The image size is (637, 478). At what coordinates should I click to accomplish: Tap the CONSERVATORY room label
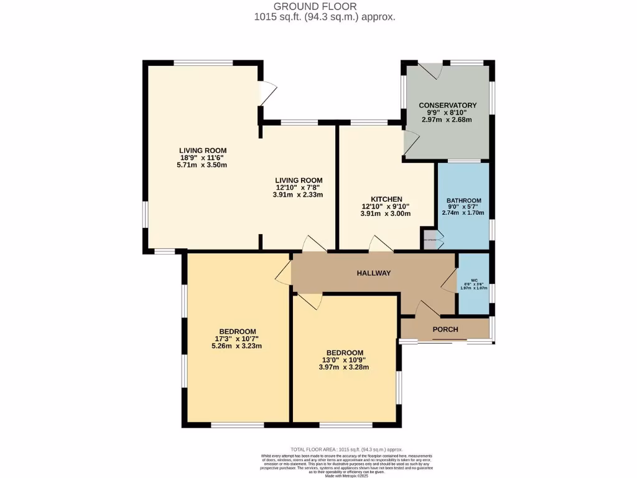coord(447,105)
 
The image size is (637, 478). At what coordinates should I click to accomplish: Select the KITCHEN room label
coord(386,199)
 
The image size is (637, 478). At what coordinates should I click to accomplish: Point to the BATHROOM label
coord(463,200)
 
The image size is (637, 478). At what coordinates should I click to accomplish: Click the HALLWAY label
coord(373,273)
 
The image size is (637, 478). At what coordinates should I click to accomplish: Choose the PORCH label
coord(445,329)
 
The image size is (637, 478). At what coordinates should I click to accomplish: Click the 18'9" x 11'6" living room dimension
coord(203,157)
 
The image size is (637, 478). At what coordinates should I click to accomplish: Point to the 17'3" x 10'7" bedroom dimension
coord(237,339)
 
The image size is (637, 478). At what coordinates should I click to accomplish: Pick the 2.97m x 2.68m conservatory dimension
coord(447,119)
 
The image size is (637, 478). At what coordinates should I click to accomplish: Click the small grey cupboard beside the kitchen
coord(430,240)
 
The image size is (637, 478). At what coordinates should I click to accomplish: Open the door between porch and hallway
coord(428,309)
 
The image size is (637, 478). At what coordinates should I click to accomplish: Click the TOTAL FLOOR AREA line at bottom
coord(346,449)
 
